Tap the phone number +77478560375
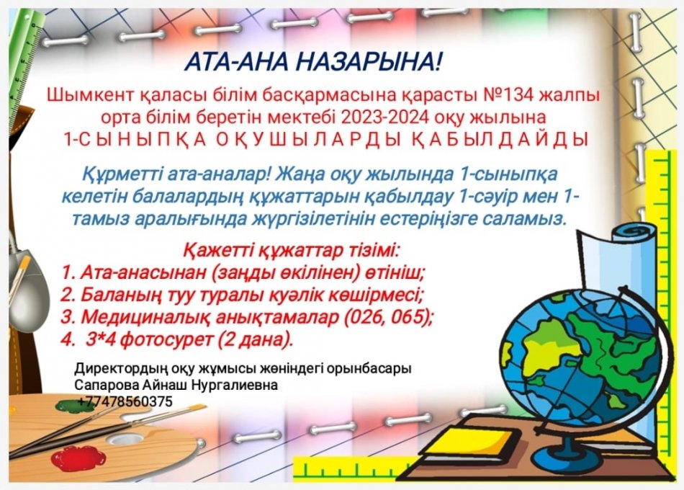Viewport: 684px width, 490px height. pos(123,402)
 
